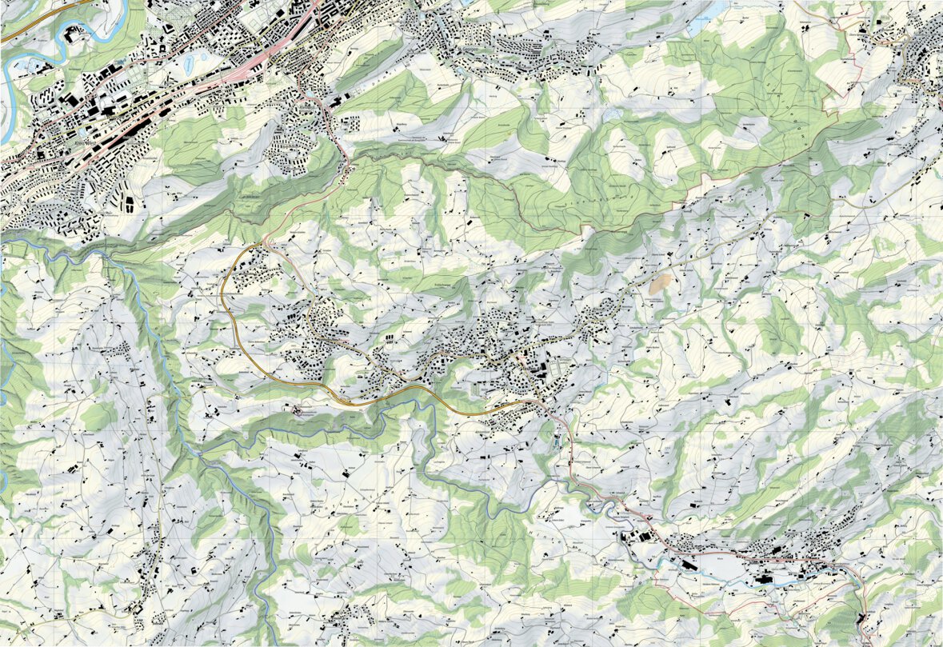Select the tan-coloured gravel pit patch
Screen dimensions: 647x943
click(661, 282)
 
